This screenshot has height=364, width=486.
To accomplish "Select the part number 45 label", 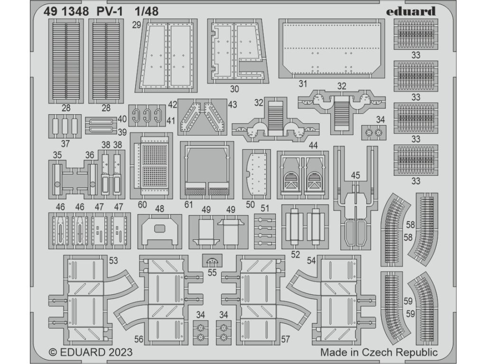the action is click(x=355, y=176).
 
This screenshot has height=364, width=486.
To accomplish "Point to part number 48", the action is click(x=159, y=209).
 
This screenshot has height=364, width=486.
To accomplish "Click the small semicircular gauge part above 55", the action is click(x=212, y=260).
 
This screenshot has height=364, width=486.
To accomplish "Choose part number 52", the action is click(x=296, y=255).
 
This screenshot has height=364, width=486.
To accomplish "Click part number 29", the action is click(x=136, y=27).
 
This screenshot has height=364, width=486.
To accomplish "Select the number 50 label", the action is click(x=251, y=205).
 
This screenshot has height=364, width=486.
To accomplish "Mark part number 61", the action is click(x=189, y=205).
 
